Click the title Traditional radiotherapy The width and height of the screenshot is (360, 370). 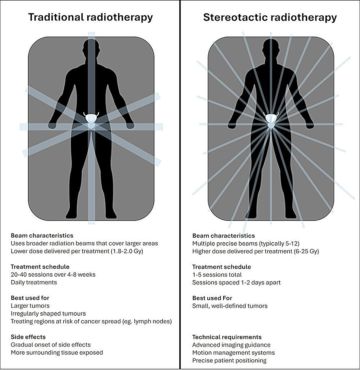(90, 18)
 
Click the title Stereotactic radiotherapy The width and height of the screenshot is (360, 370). (270, 18)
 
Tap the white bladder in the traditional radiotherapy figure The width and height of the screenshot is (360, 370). (91, 117)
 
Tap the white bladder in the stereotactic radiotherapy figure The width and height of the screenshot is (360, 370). (271, 117)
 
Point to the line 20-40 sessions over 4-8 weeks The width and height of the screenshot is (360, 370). (53, 275)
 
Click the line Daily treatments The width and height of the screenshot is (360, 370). (34, 282)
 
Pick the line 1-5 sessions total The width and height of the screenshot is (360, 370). (217, 275)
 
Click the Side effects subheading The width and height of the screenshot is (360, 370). (28, 337)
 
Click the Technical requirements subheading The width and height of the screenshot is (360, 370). (227, 337)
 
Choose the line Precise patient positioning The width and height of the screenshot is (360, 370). (230, 360)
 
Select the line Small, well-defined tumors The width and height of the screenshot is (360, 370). (230, 306)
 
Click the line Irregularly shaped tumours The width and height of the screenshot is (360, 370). (48, 314)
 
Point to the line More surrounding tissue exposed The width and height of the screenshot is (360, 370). (57, 353)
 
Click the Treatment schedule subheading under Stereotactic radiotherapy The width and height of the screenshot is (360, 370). (222, 267)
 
